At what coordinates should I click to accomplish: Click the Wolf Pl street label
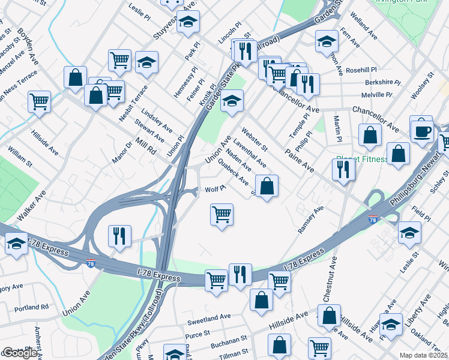(x=215, y=188)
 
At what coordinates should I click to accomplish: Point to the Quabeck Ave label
(x=234, y=173)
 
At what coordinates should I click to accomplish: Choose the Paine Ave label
(x=299, y=160)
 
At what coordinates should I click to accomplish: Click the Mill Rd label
(x=145, y=146)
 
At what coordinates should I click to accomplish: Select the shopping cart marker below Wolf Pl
(x=222, y=214)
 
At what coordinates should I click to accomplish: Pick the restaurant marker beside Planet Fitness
(x=343, y=169)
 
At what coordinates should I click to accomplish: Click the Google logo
(x=20, y=353)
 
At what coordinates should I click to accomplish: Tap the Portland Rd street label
(x=31, y=308)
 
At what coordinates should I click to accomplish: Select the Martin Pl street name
(x=337, y=125)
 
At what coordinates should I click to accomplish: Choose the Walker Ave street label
(x=31, y=205)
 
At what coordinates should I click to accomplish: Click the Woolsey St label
(x=422, y=86)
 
